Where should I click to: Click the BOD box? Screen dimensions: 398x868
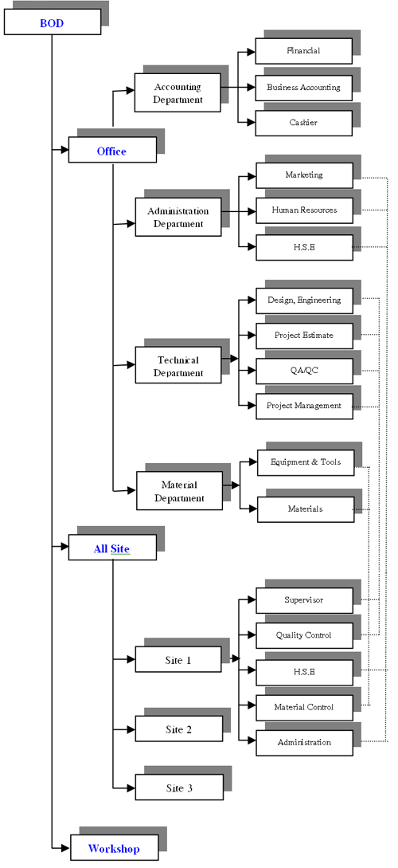click(53, 22)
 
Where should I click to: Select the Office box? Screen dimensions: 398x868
click(112, 150)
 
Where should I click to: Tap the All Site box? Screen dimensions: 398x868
click(112, 548)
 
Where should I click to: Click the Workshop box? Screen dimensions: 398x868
click(115, 847)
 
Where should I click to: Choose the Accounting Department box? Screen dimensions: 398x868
click(178, 92)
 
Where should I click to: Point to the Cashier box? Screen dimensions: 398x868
click(303, 123)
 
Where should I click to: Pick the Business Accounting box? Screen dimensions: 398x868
click(303, 88)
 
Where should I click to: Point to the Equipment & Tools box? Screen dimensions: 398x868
click(306, 462)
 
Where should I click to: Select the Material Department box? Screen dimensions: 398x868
click(180, 490)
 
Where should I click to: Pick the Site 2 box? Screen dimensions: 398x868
click(179, 729)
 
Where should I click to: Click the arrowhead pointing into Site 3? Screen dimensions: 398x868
click(131, 787)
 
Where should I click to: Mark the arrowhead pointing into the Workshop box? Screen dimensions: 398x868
click(66, 847)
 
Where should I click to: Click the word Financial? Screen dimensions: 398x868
click(303, 51)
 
